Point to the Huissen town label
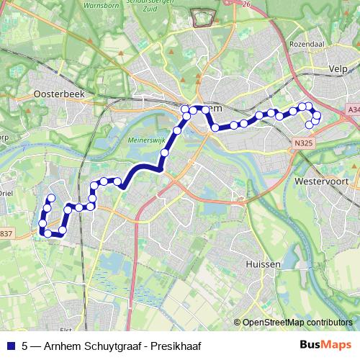263,264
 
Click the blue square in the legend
9,345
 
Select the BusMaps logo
328,344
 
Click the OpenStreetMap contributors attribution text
297,323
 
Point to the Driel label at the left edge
6,192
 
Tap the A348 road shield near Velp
353,109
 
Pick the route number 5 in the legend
26,345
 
